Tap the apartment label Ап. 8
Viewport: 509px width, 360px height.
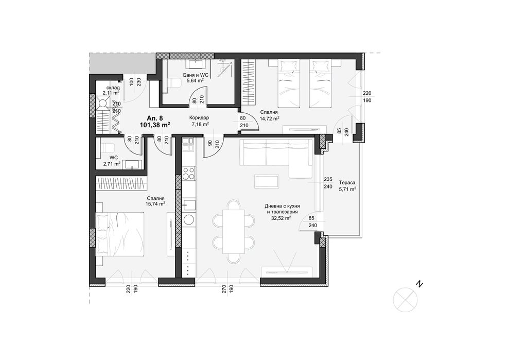point(155,118)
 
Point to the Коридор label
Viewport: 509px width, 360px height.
point(200,117)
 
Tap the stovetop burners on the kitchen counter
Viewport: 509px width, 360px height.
point(189,174)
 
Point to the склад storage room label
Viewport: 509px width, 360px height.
point(113,88)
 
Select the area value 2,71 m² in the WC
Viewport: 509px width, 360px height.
point(111,164)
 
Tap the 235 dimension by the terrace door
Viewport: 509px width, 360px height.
point(327,180)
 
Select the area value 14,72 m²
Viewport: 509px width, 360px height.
point(269,118)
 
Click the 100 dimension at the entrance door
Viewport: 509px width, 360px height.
point(132,81)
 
